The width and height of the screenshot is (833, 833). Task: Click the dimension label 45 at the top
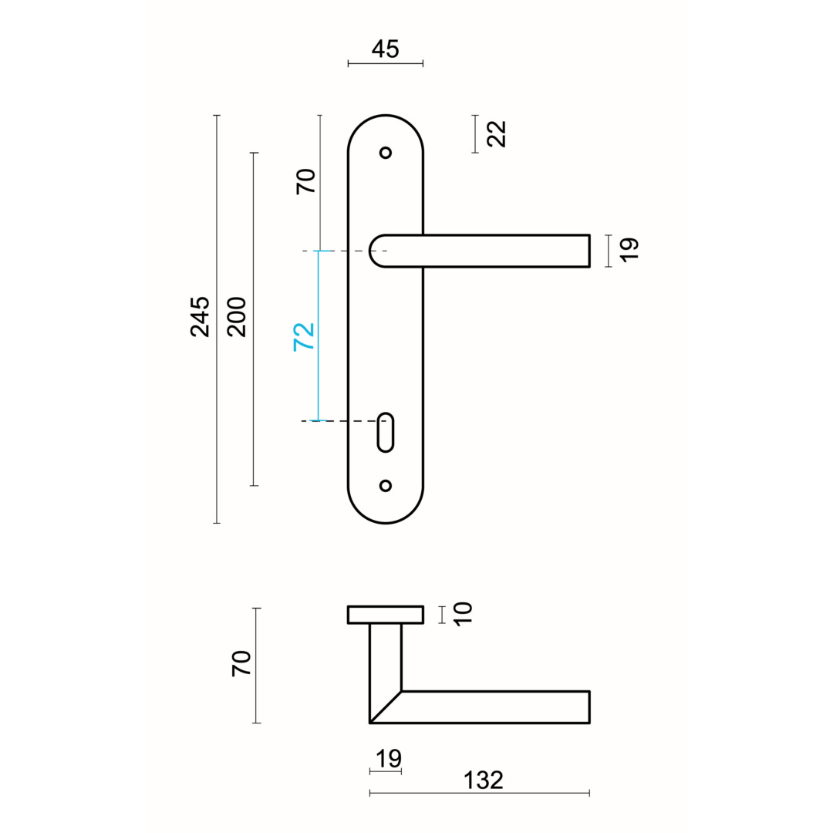click(385, 49)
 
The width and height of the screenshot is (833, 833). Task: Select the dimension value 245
click(201, 317)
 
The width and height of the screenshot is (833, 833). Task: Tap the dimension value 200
click(237, 317)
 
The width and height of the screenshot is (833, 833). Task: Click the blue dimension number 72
click(304, 337)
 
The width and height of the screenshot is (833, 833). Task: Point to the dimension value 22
click(497, 134)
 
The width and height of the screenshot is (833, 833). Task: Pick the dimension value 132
click(483, 781)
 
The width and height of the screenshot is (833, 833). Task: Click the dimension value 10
click(463, 614)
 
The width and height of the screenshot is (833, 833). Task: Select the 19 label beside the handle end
click(629, 250)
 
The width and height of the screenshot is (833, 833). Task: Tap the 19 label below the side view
click(388, 759)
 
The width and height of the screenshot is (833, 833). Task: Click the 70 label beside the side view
click(241, 663)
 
